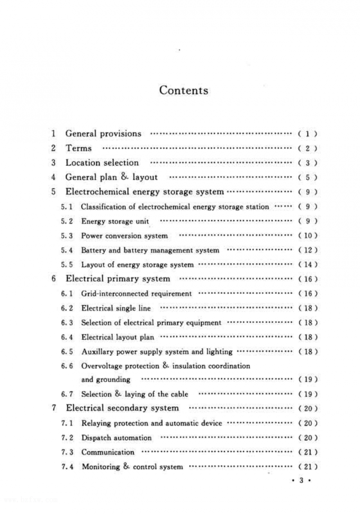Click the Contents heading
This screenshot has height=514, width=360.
click(184, 90)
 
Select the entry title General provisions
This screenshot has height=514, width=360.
click(103, 134)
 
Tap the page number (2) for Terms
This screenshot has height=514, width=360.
click(307, 148)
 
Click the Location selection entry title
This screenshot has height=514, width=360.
click(102, 163)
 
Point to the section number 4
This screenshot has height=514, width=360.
click(53, 177)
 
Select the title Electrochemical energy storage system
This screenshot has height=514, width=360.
click(144, 191)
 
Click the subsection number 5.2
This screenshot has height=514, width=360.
click(67, 221)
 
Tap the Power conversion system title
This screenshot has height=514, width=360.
click(124, 236)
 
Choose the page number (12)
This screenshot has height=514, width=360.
click(308, 250)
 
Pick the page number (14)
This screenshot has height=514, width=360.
click(308, 265)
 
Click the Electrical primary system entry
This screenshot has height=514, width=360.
click(118, 279)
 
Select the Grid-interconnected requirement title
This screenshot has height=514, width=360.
click(136, 294)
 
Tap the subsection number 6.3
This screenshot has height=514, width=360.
click(67, 323)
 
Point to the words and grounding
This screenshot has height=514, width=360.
click(106, 379)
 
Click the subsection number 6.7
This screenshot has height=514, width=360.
click(67, 394)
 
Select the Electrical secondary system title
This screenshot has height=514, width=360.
click(122, 408)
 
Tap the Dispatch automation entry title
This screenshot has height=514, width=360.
click(116, 438)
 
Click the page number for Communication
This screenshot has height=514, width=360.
click(308, 452)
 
